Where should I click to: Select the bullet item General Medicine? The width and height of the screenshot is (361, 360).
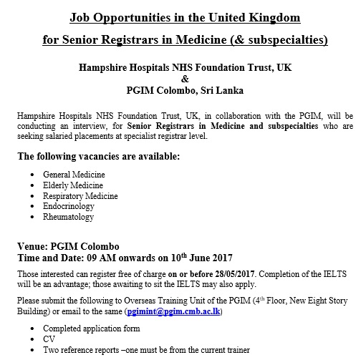click(x=74, y=174)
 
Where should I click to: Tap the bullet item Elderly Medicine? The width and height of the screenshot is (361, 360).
click(x=72, y=185)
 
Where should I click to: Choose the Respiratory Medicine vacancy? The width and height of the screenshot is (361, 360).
click(x=80, y=195)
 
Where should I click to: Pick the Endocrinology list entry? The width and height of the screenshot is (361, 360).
click(x=69, y=206)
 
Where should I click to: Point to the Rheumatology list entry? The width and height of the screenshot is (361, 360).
click(x=68, y=217)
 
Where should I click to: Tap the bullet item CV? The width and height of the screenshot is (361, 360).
click(x=49, y=340)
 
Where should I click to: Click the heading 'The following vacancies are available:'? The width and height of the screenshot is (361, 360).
click(x=98, y=155)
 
